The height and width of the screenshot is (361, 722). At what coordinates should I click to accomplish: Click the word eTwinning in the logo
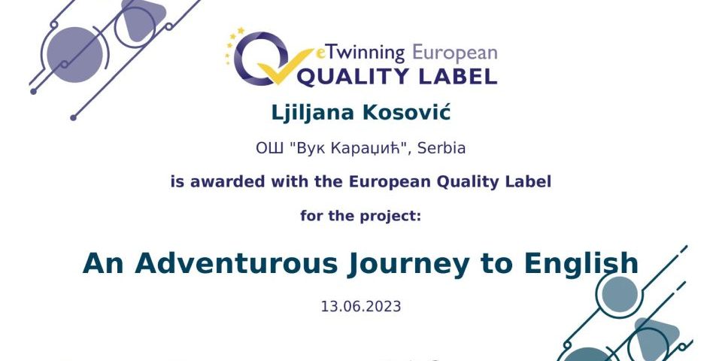pos(360,53)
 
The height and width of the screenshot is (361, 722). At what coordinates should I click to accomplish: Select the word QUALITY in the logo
pos(361,77)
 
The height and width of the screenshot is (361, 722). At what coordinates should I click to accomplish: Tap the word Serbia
pos(441,148)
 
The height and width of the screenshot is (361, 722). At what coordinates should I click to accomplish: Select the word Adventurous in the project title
pos(236,263)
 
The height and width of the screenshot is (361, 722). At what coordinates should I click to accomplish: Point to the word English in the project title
pos(581,264)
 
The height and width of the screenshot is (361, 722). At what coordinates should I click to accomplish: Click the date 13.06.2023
pos(361,306)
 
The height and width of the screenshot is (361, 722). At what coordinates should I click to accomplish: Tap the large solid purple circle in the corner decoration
pos(74,55)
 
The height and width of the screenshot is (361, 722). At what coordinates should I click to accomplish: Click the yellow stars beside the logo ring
pos(233,45)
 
